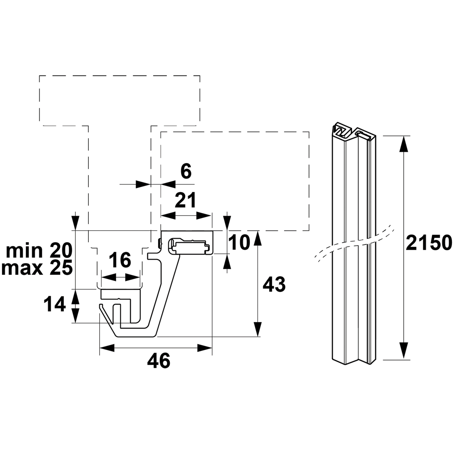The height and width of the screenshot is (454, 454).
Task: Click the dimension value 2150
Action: click(x=429, y=242)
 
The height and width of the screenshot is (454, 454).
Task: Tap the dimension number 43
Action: click(x=274, y=284)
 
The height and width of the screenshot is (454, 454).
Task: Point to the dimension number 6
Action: click(x=186, y=171)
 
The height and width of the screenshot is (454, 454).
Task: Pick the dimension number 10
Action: click(x=239, y=242)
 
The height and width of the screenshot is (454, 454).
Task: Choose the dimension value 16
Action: click(x=121, y=260)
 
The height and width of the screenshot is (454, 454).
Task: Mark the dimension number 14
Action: click(x=55, y=305)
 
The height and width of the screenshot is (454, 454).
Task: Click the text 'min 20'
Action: click(x=39, y=251)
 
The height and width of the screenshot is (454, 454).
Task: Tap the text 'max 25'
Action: click(x=37, y=268)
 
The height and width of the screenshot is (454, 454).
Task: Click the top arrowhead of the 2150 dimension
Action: click(x=402, y=143)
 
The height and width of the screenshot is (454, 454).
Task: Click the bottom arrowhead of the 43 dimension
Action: click(x=258, y=329)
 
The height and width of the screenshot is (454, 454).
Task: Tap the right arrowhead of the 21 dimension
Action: click(x=205, y=216)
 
